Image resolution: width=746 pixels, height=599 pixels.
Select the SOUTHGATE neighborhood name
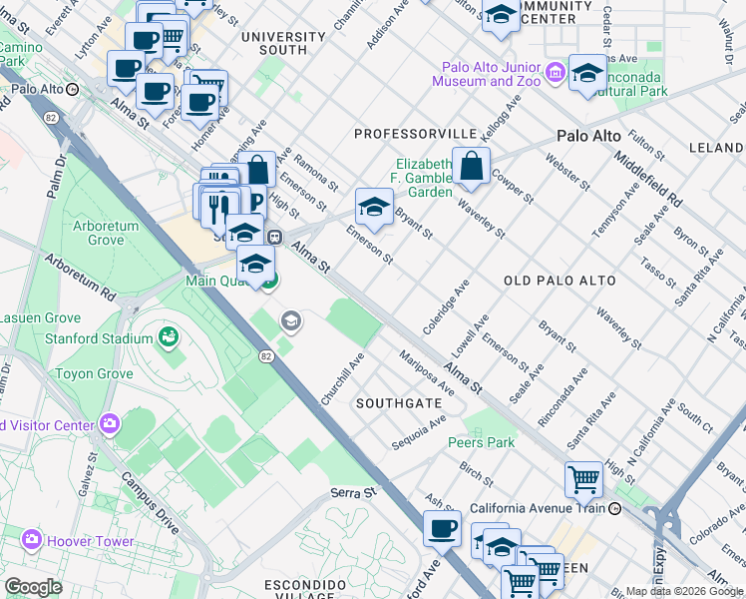pyautogui.click(x=399, y=403)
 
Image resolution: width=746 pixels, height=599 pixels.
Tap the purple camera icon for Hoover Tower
pyautogui.click(x=32, y=540)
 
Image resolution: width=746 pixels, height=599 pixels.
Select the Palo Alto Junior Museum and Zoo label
pyautogui.click(x=493, y=75)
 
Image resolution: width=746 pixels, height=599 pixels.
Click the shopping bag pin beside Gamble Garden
pyautogui.click(x=472, y=166)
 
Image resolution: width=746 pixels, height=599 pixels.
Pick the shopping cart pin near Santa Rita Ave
pyautogui.click(x=583, y=479)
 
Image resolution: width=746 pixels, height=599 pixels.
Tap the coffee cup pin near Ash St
pyautogui.click(x=442, y=529)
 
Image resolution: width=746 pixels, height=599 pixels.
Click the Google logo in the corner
pyautogui.click(x=33, y=586)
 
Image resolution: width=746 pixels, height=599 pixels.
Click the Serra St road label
pyautogui.click(x=356, y=493)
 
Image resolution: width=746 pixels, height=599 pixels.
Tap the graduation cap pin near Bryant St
pyautogui.click(x=374, y=207)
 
